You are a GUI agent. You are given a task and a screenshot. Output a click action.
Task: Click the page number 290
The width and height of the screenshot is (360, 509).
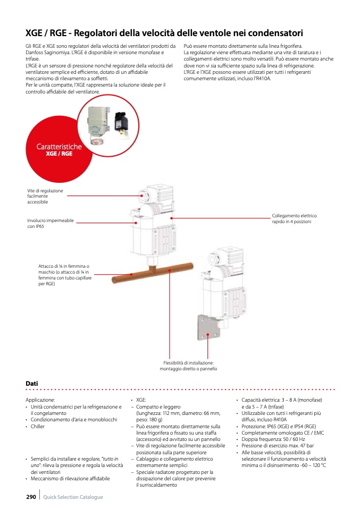[x=31, y=497]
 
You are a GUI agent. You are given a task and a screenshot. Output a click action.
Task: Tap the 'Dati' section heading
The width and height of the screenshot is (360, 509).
[x=31, y=383]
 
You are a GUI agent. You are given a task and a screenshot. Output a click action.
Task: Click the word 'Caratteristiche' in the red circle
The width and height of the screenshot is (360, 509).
[x=59, y=146]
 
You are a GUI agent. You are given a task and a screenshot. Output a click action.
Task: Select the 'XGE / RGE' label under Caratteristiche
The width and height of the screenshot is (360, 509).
[x=59, y=154]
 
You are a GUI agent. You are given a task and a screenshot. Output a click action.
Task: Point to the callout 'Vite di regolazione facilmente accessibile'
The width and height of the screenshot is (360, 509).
[x=45, y=196]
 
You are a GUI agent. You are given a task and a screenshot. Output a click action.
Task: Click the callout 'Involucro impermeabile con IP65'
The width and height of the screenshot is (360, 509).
[x=51, y=223]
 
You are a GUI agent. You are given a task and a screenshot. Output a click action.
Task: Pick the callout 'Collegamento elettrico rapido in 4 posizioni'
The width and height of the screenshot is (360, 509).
[x=294, y=218]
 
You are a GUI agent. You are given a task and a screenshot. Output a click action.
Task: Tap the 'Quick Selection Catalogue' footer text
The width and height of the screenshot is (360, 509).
[x=73, y=497]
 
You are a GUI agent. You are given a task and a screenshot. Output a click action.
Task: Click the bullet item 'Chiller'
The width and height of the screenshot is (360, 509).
[x=38, y=426]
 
